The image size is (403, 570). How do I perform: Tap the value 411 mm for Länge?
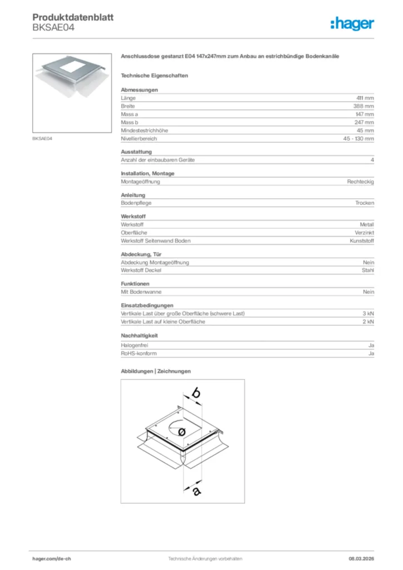(365, 98)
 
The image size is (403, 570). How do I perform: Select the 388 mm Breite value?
(364, 106)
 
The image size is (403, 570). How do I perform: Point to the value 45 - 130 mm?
(358, 138)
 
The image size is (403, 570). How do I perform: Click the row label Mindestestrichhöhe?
(144, 130)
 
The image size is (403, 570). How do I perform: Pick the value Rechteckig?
(360, 181)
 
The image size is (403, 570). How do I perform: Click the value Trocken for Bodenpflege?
(365, 203)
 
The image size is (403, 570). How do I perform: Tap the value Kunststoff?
(362, 240)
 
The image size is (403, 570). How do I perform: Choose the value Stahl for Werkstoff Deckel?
(368, 270)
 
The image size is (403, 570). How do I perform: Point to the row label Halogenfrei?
(134, 346)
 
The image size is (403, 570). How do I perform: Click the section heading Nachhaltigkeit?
(139, 336)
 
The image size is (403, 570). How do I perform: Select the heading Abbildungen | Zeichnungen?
(156, 371)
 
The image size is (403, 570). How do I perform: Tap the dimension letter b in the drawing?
(196, 394)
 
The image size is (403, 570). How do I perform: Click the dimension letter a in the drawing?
(196, 490)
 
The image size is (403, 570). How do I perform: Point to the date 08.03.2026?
(361, 558)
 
